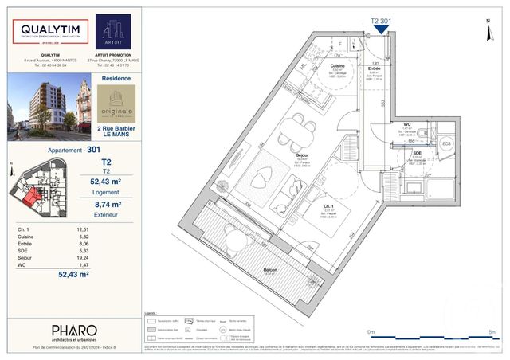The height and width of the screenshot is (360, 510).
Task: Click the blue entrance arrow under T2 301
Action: click(381, 29)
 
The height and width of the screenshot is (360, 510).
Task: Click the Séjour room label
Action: click(303, 155)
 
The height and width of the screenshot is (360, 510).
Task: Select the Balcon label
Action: click(270, 270)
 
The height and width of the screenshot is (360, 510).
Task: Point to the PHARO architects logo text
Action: click(74, 329)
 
